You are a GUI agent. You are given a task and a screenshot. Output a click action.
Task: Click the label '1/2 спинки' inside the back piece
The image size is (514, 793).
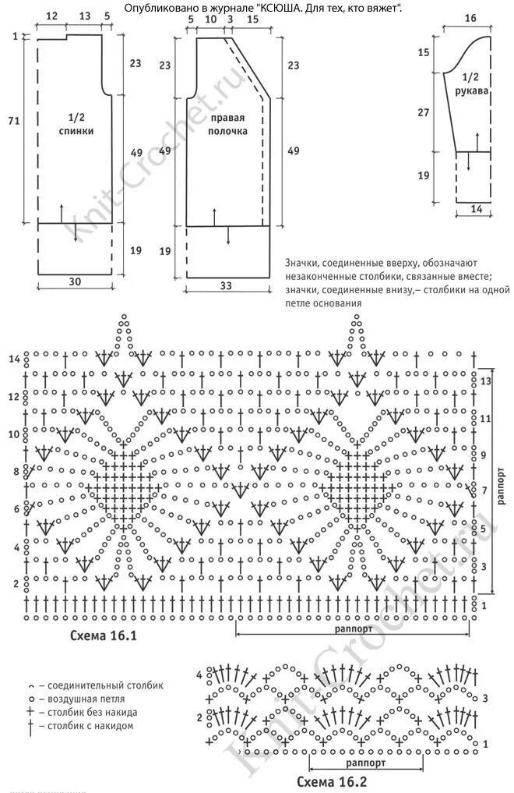[76, 124]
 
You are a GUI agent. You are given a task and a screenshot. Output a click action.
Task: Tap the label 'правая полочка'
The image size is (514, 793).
[227, 125]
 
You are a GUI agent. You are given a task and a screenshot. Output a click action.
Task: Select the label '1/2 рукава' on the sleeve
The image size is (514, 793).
[470, 84]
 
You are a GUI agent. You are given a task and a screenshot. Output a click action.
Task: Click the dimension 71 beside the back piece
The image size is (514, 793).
[13, 120]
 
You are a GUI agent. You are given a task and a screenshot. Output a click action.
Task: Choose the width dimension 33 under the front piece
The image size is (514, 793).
[226, 286]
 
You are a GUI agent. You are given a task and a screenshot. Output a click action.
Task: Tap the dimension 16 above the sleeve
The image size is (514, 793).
[470, 18]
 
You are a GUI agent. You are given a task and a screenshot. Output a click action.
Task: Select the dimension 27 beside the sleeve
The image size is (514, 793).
[424, 112]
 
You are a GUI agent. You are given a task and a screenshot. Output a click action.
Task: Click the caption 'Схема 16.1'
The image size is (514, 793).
[104, 635]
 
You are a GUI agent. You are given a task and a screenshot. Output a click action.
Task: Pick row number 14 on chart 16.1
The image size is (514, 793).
[13, 359]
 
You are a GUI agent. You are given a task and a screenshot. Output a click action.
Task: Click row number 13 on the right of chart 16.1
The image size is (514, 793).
[487, 382]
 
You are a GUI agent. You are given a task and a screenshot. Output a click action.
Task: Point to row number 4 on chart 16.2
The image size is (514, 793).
[199, 674]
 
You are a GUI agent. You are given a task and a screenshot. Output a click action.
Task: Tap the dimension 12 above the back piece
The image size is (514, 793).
[51, 16]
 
